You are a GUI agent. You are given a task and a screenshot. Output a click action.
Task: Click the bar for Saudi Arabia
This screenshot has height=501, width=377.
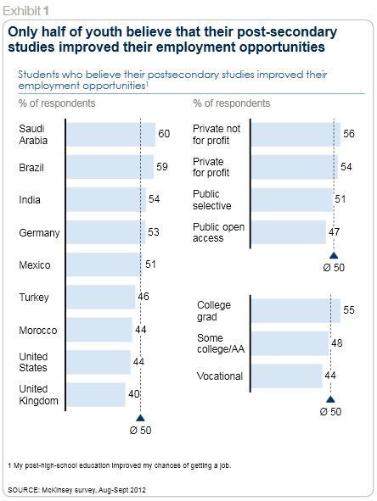(x=111, y=134)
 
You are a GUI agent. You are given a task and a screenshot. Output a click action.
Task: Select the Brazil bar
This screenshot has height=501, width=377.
(x=110, y=167)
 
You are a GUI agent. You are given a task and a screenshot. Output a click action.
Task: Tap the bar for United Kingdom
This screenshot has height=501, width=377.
(x=96, y=394)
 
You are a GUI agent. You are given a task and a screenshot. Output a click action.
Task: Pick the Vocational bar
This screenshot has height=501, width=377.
(x=287, y=376)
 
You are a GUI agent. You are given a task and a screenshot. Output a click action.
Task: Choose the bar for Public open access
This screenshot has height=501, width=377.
(x=289, y=232)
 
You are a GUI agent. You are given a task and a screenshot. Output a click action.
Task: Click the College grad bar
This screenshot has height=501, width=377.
(x=296, y=310)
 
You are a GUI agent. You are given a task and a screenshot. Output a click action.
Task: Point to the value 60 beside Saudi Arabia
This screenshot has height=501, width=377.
(x=164, y=134)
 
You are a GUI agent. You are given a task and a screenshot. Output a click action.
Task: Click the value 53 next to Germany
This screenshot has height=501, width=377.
(x=154, y=232)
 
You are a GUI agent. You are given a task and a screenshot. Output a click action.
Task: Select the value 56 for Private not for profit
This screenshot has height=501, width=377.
(x=349, y=134)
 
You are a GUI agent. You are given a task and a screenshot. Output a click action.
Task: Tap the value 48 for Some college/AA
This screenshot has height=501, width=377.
(x=337, y=343)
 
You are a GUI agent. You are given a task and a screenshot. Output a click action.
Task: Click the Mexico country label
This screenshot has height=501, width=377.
(x=35, y=264)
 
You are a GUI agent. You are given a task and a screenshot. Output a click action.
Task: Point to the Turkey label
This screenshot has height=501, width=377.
(x=34, y=298)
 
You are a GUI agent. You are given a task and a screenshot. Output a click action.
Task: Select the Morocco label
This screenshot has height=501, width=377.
(x=38, y=330)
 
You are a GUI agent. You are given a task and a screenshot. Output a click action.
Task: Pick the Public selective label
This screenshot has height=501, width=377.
(x=212, y=200)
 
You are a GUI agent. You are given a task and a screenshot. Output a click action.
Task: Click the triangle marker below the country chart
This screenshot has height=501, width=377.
(x=140, y=418)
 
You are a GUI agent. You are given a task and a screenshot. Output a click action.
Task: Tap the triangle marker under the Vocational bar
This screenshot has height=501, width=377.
(x=330, y=399)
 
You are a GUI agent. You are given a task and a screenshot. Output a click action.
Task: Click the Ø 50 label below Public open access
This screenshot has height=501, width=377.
(x=334, y=267)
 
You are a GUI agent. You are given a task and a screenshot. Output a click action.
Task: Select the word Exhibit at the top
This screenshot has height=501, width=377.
(x=22, y=11)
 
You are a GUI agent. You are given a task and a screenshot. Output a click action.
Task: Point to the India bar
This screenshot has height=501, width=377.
(x=107, y=200)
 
